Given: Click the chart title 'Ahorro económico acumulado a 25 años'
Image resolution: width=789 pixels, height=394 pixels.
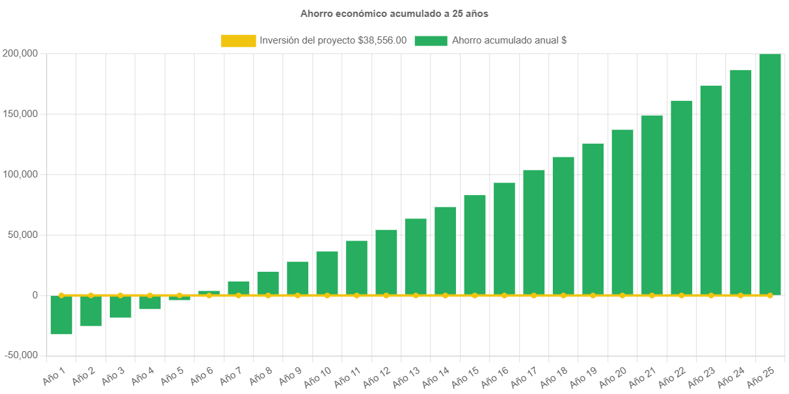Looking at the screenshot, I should tap(394, 13).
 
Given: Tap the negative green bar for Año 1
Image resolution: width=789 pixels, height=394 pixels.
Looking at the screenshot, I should tap(61, 315).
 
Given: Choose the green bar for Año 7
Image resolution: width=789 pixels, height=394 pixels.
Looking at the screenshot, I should tap(239, 288).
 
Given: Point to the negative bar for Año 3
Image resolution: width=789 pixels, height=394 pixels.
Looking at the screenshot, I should tap(120, 307).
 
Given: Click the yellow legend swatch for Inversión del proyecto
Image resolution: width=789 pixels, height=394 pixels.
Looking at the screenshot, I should tap(238, 41).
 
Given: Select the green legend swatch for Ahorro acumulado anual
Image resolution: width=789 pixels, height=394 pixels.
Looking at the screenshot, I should tap(431, 41).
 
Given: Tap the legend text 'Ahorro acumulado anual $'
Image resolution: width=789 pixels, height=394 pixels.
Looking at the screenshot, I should tap(509, 40).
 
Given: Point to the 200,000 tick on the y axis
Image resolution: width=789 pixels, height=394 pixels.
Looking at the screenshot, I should tap(19, 53).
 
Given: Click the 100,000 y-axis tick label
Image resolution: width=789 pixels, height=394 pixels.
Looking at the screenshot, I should tap(19, 174).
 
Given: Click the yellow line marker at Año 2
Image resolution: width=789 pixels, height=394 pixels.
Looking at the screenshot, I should tap(91, 295).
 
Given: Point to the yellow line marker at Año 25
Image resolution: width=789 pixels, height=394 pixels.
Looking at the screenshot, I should tap(770, 295).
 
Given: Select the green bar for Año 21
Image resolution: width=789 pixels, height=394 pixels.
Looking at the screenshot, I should tap(652, 205).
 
